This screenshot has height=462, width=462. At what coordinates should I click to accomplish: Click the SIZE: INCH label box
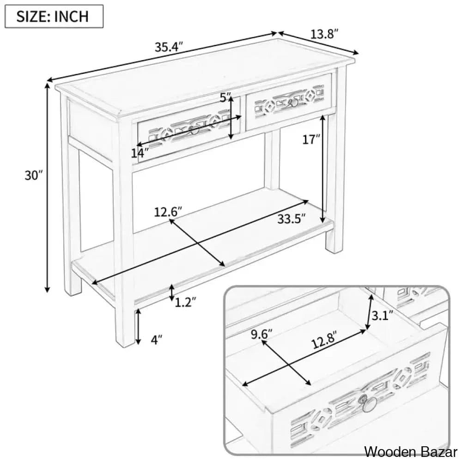[54, 16]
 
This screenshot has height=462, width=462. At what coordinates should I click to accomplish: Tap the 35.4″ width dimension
[169, 47]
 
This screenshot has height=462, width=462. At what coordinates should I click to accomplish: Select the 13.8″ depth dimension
[324, 34]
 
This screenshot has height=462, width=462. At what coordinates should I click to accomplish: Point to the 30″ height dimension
[34, 176]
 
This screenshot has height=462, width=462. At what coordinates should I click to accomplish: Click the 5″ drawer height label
[226, 97]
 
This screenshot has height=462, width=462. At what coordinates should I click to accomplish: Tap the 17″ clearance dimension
[311, 140]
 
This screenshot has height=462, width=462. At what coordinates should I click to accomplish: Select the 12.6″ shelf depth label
[168, 212]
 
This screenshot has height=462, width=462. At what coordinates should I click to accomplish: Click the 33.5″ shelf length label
[291, 219]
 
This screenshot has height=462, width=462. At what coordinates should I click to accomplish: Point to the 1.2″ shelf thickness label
[186, 302]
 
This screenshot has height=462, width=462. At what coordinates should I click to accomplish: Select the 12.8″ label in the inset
[324, 343]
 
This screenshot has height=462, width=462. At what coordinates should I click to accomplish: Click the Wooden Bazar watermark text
[411, 451]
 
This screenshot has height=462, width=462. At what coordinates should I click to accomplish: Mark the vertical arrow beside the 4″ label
[138, 327]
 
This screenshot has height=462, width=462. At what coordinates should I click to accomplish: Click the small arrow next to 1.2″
[172, 293]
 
